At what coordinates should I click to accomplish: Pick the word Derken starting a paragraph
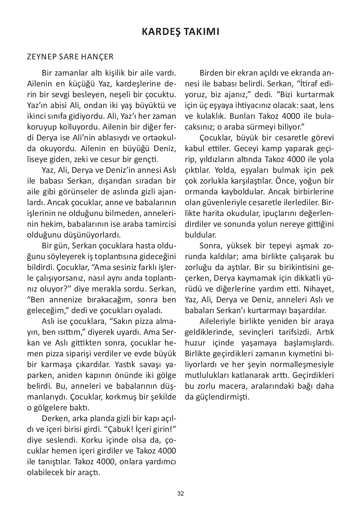point(55,419)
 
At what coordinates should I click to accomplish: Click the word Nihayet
point(320,289)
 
